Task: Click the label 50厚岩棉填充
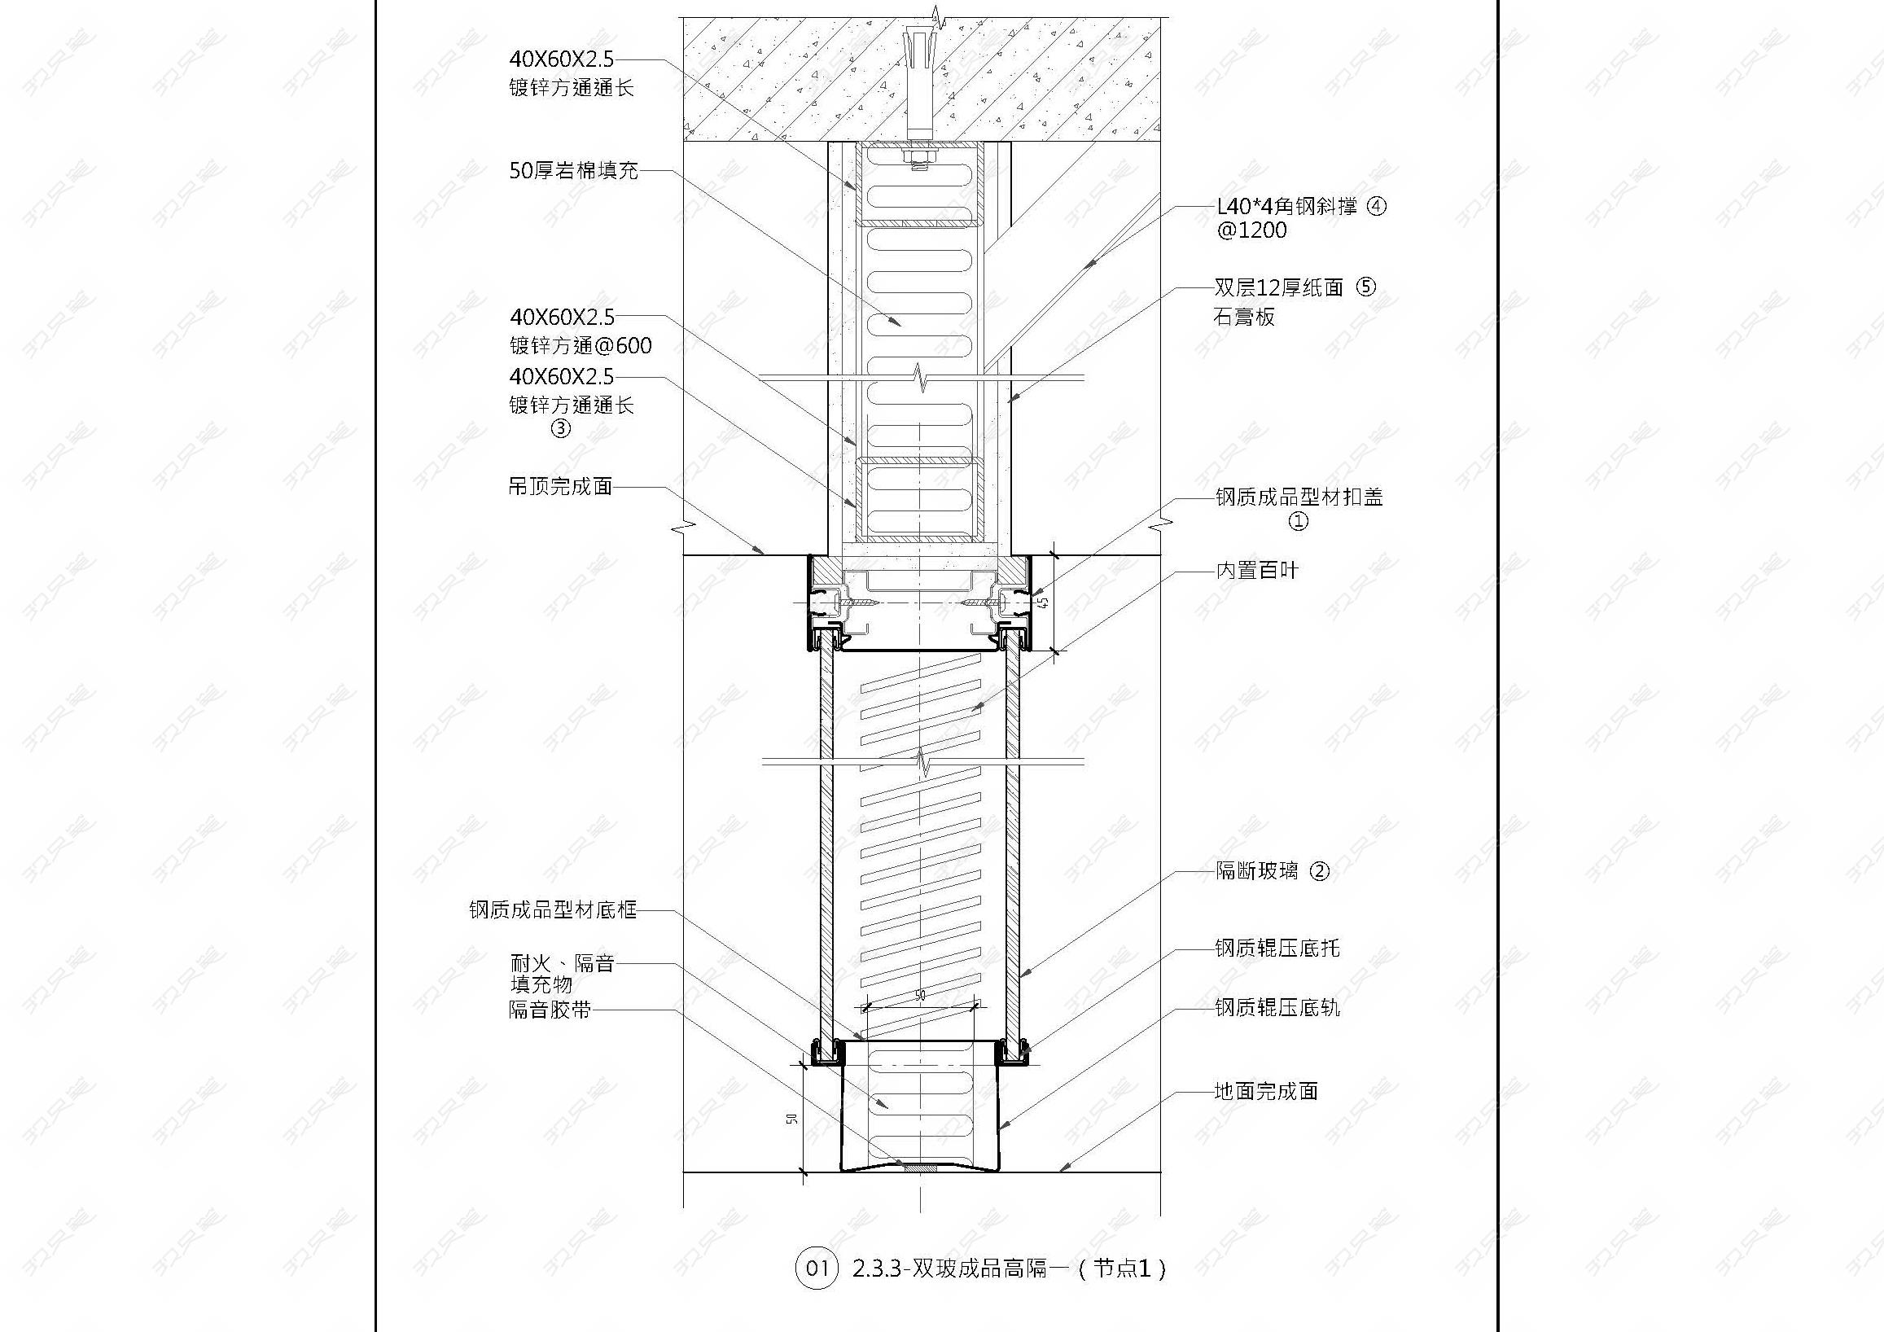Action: point(572,171)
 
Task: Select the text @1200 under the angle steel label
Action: point(1252,230)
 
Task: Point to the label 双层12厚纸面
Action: point(1278,287)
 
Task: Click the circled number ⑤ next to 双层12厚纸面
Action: point(1365,287)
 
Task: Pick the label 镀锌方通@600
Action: point(581,345)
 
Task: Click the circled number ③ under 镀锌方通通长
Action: point(560,428)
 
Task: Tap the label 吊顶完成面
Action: point(560,486)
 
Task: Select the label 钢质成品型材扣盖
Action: point(1299,497)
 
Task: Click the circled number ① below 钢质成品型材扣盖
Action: point(1298,521)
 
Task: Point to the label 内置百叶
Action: point(1256,571)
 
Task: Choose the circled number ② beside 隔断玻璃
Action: point(1319,870)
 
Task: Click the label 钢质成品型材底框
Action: point(552,909)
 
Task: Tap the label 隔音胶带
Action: point(549,1010)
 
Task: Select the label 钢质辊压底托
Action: point(1277,949)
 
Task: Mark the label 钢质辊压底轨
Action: point(1277,1007)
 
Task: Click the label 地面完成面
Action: point(1265,1091)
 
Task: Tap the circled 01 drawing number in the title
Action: point(817,1268)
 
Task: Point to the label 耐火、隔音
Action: point(562,963)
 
